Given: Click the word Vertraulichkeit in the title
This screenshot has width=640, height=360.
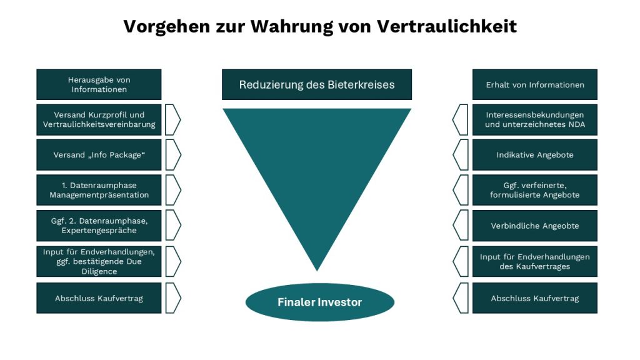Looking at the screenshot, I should pos(447,26).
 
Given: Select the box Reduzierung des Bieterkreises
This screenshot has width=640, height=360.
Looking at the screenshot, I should pos(317,84).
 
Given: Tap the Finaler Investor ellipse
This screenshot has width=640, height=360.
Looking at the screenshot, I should pos(319,302).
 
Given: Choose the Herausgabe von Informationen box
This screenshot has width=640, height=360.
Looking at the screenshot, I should pos(99,84).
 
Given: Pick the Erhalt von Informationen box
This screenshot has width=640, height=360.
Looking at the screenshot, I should pos(534,84).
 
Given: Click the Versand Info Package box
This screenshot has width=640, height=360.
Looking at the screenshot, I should pos(99,155).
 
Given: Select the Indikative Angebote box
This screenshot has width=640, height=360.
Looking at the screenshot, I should pos(534,155).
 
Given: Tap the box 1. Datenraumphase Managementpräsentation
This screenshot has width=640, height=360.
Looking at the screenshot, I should pos(99,190).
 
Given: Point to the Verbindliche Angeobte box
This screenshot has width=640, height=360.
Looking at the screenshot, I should pos(534,226).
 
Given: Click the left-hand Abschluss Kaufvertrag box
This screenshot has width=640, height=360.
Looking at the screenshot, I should pos(99,298).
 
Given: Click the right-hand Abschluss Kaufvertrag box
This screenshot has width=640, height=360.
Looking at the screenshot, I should pos(534,298).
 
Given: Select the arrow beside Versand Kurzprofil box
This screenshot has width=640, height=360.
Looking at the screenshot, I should pos(173,119).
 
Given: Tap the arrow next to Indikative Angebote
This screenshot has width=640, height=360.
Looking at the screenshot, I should pos(460,155).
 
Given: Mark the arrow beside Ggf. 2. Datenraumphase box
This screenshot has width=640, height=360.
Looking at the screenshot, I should pos(173,226).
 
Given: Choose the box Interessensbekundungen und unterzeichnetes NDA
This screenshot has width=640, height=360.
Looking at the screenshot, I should pos(534,119).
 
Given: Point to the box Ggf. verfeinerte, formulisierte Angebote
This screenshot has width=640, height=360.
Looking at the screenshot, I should pos(534,190).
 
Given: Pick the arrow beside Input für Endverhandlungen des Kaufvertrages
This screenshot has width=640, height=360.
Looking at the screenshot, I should pos(460,261).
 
